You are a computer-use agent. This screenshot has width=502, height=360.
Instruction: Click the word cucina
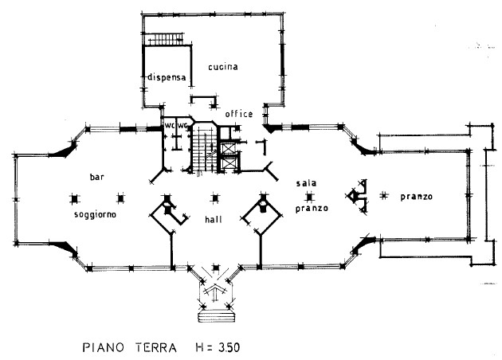224,67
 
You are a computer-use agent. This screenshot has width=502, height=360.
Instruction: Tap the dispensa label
167,77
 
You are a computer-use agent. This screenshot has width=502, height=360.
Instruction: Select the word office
238,114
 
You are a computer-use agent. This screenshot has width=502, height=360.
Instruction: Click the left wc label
169,126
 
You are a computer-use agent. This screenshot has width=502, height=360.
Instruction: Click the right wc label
182,126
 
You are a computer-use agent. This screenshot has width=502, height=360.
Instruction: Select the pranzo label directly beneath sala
307,209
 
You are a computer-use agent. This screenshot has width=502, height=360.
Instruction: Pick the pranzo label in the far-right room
417,197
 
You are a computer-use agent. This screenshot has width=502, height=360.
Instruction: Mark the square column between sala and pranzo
308,196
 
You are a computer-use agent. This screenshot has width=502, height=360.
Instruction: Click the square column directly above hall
214,198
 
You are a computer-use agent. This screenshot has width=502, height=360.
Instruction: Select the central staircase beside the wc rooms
202,147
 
